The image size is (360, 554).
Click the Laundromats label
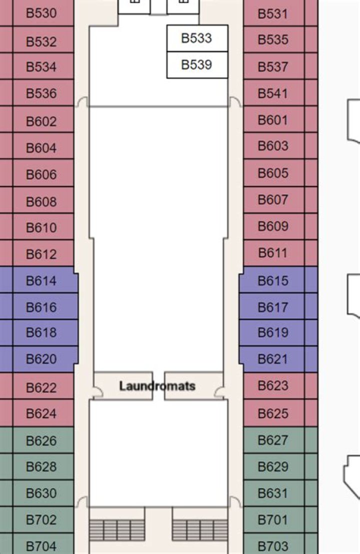tap(157, 386)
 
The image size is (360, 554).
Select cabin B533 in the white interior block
tap(197, 38)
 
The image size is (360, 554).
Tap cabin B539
tap(197, 64)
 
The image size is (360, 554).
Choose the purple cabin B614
tap(39, 280)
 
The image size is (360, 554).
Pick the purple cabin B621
tap(278, 359)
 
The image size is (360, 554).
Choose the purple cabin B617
tap(278, 307)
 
